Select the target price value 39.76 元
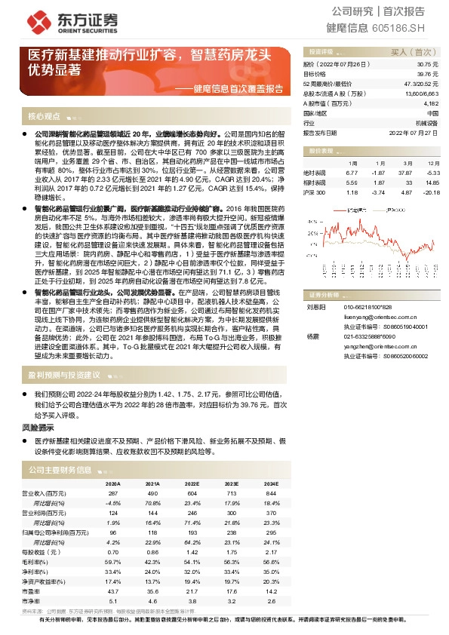click(427, 75)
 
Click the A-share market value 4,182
click(431, 103)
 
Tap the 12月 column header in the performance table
click(432, 162)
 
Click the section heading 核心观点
click(44, 117)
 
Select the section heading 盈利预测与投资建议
click(64, 374)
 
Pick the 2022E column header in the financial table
click(192, 483)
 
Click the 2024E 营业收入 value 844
click(272, 492)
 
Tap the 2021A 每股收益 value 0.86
click(152, 551)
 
